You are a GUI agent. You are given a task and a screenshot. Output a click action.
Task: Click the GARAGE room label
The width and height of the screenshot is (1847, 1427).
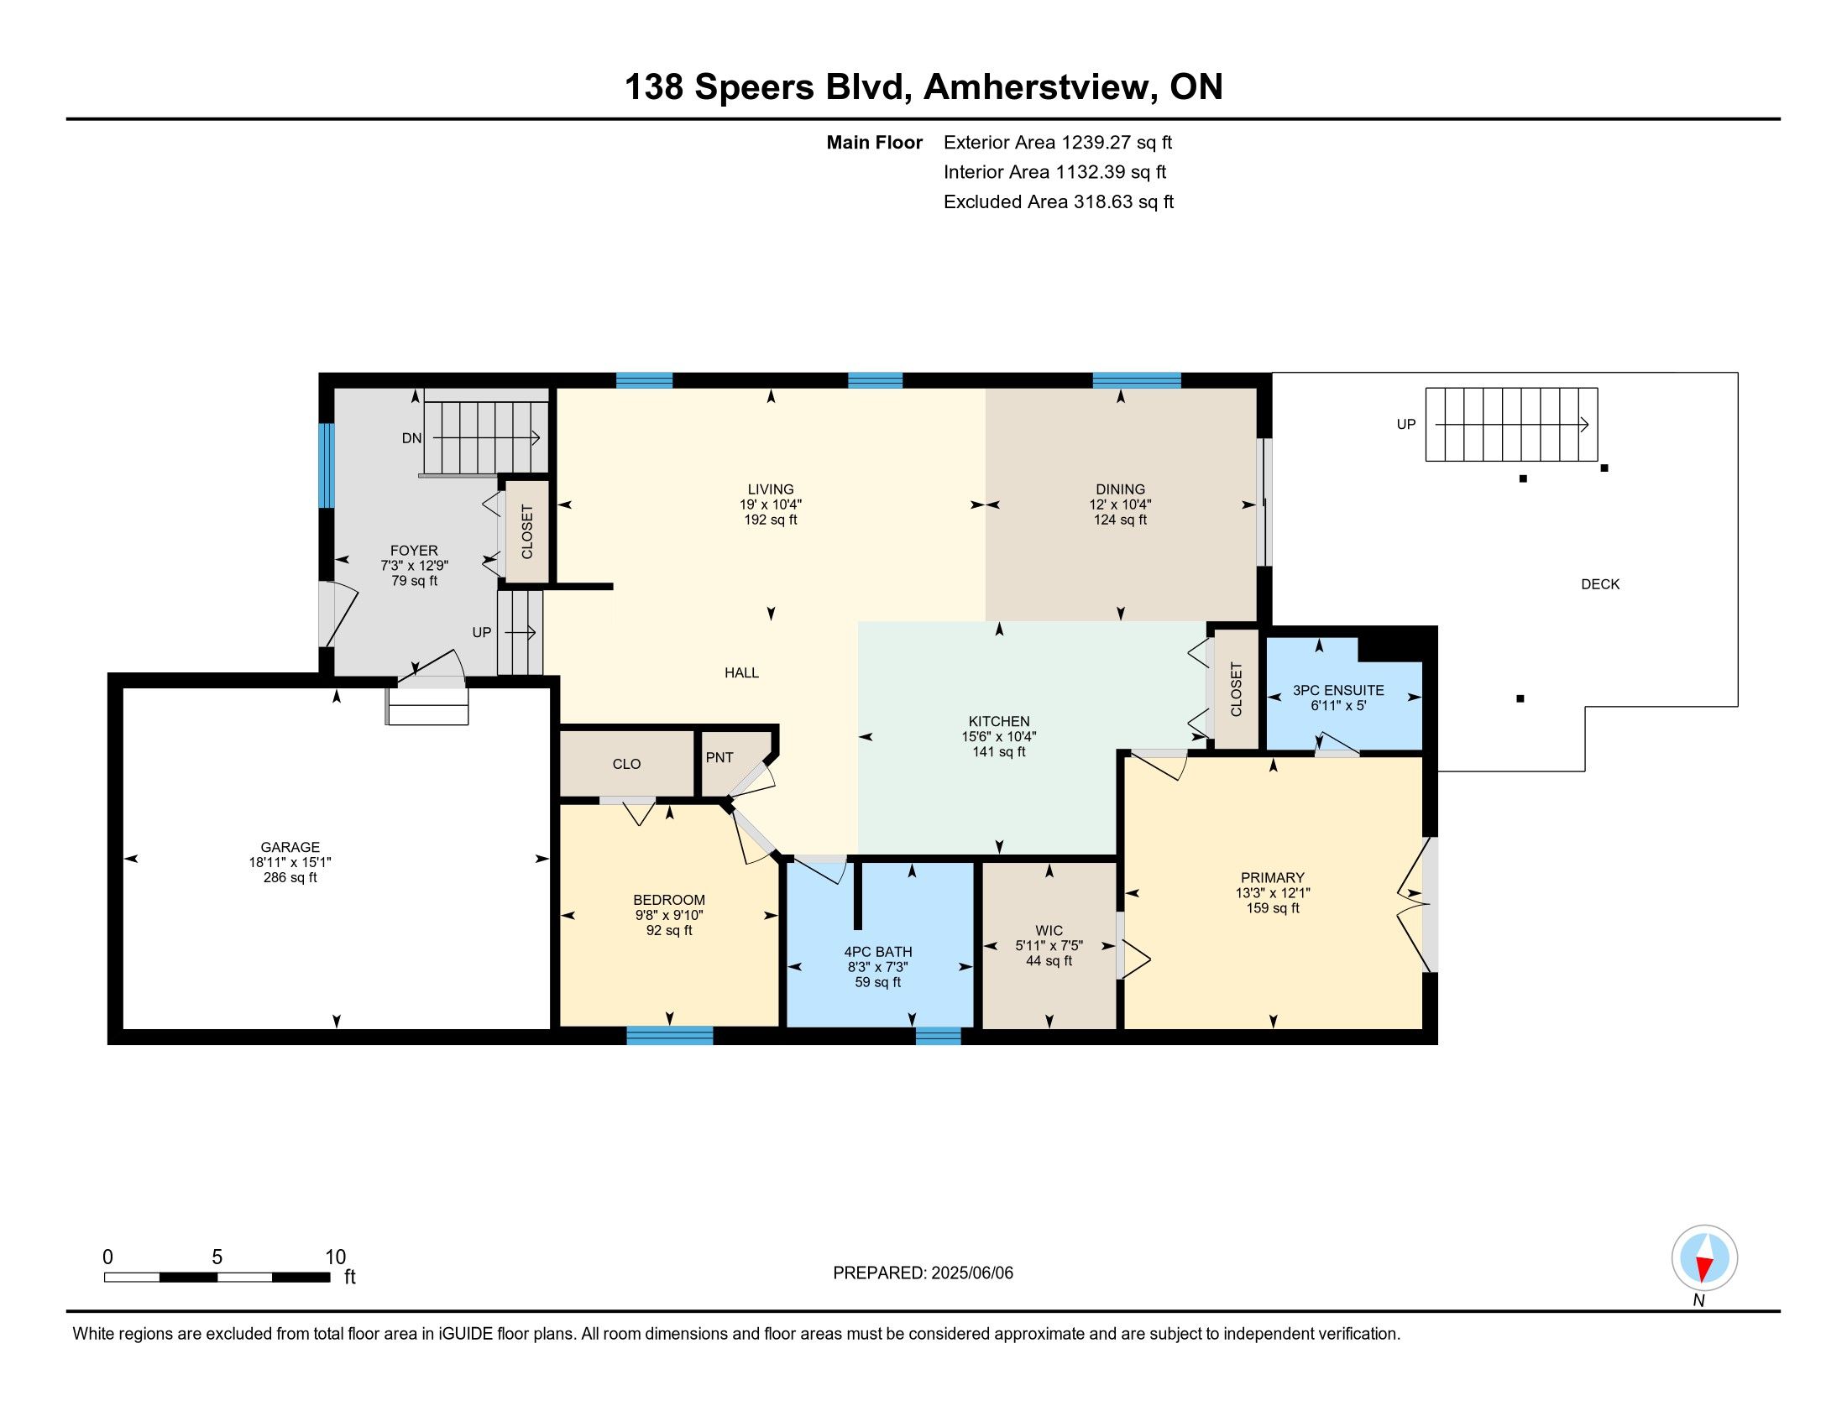click(290, 847)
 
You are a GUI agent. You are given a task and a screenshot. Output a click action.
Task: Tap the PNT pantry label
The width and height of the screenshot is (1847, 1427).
click(719, 757)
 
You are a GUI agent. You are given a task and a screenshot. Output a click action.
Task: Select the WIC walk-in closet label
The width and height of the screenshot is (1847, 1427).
click(1049, 931)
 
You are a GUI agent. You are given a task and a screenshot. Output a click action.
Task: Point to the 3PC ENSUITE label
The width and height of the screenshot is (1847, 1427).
click(1338, 691)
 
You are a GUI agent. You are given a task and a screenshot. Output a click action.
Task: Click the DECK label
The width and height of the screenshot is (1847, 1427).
click(1600, 584)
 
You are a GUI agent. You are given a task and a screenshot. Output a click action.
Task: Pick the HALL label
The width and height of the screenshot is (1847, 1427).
click(741, 673)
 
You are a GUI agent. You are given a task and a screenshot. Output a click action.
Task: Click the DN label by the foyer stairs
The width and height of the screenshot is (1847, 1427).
click(412, 438)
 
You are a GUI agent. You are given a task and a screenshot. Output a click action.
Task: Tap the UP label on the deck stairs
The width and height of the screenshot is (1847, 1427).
click(1405, 425)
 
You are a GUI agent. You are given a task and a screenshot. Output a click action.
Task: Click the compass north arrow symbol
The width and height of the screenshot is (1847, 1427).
click(1705, 1258)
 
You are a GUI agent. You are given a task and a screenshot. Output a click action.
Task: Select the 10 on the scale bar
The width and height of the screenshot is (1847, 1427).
click(336, 1257)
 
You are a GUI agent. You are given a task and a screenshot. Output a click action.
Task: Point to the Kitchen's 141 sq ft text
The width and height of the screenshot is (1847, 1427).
click(999, 751)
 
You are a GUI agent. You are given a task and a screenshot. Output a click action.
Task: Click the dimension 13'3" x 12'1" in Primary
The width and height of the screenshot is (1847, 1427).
click(1273, 893)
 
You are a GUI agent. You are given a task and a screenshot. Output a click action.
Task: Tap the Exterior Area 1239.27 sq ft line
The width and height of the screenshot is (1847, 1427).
click(1058, 142)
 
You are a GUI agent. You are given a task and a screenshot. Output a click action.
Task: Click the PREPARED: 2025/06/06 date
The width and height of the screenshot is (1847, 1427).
click(923, 1273)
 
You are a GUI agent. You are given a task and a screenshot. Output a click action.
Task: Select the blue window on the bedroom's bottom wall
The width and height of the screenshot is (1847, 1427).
click(670, 1035)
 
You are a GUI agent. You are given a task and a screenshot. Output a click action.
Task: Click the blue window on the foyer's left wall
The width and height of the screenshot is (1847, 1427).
click(327, 466)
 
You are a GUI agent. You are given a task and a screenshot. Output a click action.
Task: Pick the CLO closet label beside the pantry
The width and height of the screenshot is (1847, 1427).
click(626, 764)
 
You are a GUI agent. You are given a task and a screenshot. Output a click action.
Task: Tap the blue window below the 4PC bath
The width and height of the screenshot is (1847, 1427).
click(939, 1036)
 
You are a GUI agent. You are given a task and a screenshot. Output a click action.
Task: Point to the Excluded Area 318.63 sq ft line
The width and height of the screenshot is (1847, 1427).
click(1059, 201)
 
